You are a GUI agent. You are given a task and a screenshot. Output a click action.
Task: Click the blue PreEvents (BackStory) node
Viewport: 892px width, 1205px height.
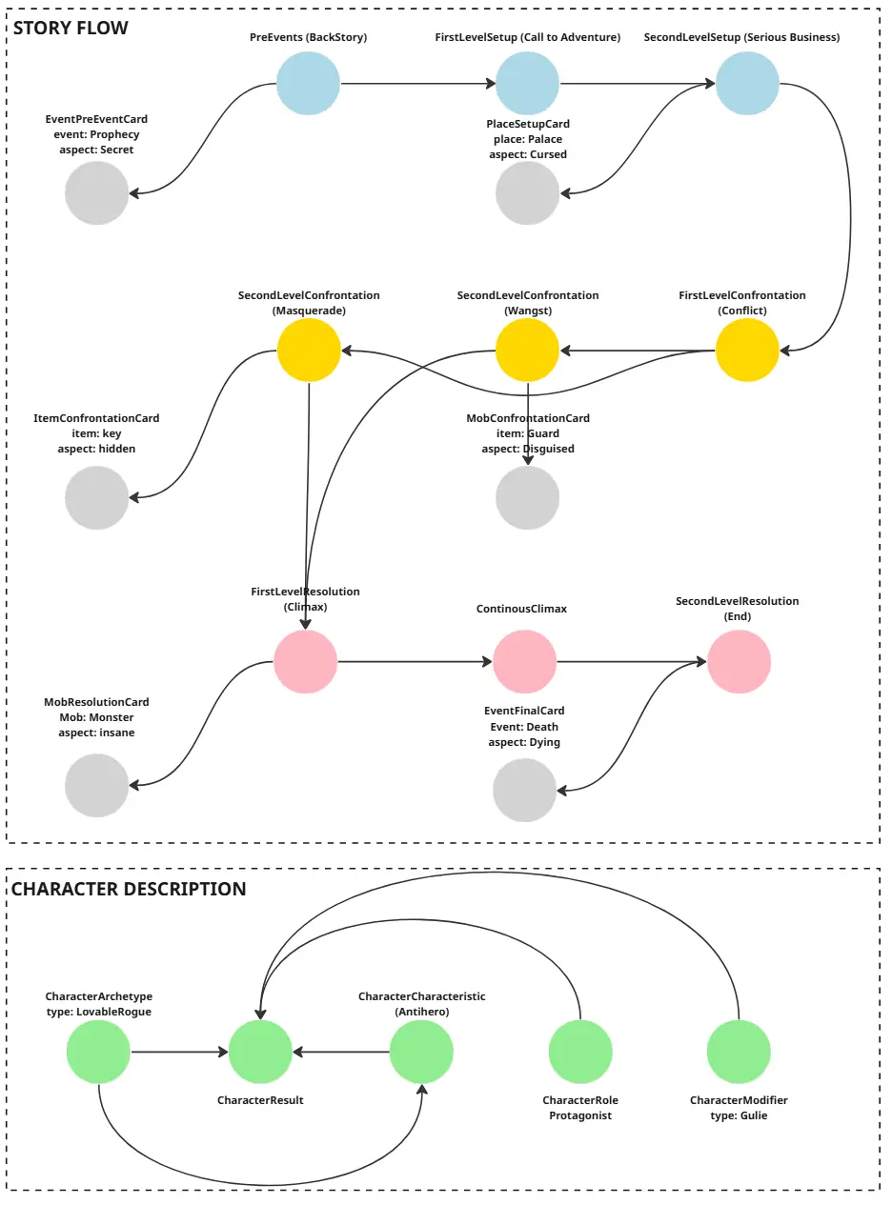tap(309, 84)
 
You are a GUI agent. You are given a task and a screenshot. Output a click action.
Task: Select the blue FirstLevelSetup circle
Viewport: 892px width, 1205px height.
tap(528, 84)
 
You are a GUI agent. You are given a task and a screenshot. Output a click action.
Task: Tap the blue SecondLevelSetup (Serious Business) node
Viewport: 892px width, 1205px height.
tap(748, 84)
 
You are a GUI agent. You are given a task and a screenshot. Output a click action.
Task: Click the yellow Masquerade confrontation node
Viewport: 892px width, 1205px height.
tap(309, 351)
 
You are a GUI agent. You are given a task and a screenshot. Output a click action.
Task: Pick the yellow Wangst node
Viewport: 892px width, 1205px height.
tap(528, 351)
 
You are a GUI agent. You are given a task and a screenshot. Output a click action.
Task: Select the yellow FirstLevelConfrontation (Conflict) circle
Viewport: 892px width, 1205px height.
tap(747, 351)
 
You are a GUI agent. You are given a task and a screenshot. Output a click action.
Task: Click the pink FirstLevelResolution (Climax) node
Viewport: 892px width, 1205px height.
tap(306, 661)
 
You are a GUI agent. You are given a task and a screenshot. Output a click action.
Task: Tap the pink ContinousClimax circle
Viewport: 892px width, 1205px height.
tap(525, 661)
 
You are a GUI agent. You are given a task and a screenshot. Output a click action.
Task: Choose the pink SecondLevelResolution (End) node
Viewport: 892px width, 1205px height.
tap(739, 661)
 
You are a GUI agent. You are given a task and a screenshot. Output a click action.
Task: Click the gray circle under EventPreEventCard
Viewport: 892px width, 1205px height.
tap(97, 193)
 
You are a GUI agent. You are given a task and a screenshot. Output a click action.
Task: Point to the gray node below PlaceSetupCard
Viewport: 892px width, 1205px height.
tap(528, 193)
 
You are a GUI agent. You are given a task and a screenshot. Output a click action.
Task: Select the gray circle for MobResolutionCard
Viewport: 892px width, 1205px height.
tap(96, 786)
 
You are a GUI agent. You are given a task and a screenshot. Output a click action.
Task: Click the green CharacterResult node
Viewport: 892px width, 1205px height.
tap(260, 1053)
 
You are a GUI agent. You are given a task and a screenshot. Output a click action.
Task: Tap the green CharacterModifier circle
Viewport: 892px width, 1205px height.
tap(739, 1053)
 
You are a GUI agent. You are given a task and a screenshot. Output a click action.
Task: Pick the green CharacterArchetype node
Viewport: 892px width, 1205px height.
tap(98, 1053)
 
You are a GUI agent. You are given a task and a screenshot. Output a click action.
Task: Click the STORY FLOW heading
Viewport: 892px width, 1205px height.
tap(71, 28)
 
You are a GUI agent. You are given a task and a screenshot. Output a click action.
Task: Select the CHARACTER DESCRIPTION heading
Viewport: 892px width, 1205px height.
tap(129, 889)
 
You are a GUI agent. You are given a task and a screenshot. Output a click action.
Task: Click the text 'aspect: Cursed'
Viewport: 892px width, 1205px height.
tap(528, 154)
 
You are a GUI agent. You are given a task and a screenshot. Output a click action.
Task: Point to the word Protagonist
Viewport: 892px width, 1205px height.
tap(580, 1115)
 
